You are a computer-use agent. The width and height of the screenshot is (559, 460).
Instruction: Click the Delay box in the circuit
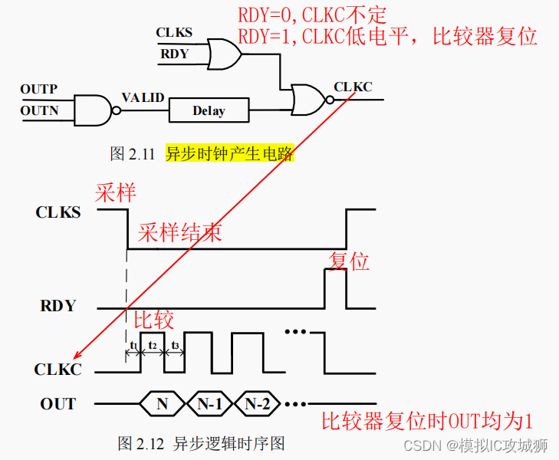click(209, 110)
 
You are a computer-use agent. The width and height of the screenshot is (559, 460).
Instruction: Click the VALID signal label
click(143, 97)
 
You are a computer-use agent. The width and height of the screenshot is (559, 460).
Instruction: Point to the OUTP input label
click(39, 90)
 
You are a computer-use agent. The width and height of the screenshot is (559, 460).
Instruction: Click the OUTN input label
click(39, 110)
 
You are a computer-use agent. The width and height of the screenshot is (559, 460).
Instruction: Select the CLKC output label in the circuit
click(353, 87)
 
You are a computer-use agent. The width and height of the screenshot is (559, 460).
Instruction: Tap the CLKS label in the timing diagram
click(58, 212)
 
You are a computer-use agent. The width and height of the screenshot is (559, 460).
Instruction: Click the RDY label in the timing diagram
click(58, 306)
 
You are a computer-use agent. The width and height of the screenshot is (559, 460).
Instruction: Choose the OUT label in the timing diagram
click(58, 403)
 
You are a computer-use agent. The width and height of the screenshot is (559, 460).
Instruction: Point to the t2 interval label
click(153, 345)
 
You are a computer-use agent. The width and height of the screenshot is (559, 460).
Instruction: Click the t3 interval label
click(175, 345)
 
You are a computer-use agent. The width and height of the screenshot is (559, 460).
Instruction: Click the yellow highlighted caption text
click(229, 153)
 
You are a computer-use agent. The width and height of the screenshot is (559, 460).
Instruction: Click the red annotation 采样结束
click(180, 233)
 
